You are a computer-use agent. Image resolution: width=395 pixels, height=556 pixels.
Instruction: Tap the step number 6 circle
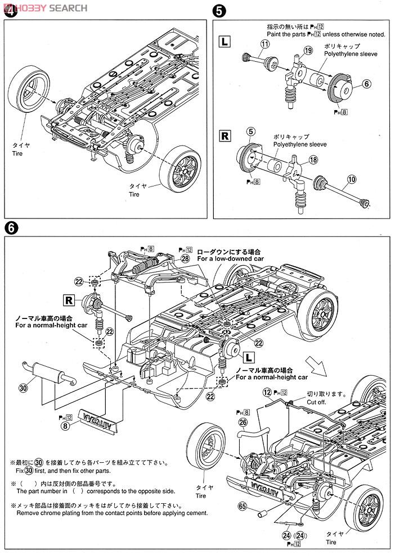click(x=11, y=228)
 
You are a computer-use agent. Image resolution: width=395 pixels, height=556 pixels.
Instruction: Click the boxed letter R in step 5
click(x=224, y=135)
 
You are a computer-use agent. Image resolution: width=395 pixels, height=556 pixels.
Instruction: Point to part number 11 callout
click(x=265, y=44)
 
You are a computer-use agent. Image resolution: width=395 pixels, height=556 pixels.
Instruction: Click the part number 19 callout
click(x=307, y=51)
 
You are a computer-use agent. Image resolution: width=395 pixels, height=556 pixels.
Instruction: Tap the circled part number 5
click(x=252, y=132)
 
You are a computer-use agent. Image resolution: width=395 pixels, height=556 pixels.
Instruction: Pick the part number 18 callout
click(x=314, y=159)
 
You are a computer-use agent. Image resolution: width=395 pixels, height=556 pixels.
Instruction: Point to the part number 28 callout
click(x=185, y=258)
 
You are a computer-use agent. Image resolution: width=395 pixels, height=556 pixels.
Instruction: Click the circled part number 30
click(x=23, y=388)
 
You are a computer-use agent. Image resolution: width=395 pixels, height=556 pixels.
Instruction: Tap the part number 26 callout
click(x=243, y=422)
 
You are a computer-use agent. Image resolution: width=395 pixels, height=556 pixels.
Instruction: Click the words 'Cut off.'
click(x=318, y=402)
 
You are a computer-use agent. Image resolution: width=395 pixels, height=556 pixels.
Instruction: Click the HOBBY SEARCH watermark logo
click(x=45, y=8)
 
